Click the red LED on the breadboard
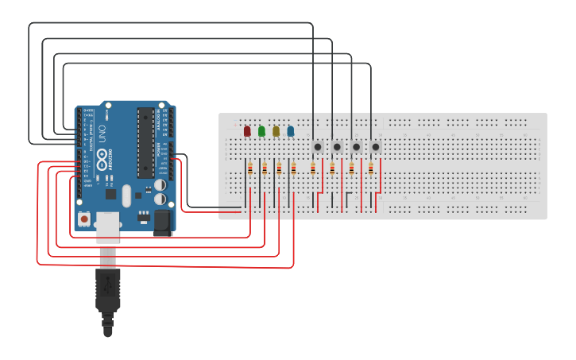[247, 131]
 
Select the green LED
[261, 131]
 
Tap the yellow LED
[276, 131]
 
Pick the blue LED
[291, 131]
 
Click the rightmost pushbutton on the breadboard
[376, 147]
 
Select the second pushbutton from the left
[337, 147]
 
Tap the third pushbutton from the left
[357, 147]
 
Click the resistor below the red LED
[250, 168]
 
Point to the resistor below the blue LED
[294, 168]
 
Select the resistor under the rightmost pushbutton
[371, 168]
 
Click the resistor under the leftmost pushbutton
[313, 168]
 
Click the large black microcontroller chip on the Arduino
[145, 143]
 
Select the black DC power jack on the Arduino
[162, 222]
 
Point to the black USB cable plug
[107, 290]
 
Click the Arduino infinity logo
[102, 162]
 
